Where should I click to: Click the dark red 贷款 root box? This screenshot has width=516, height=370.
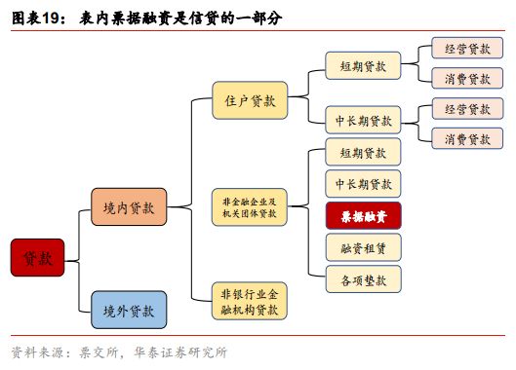pos(37,257)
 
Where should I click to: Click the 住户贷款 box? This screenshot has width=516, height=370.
pos(250,100)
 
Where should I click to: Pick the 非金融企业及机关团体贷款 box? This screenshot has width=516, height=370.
pos(250,205)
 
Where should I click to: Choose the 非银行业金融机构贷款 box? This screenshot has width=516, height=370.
pos(250,302)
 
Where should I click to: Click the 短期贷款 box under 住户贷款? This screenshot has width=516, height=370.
pos(363,67)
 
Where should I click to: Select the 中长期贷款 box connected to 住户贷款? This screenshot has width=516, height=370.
pos(363,121)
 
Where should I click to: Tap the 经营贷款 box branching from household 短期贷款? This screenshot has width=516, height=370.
pos(467,48)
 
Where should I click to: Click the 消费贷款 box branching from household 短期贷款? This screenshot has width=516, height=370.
pos(467,79)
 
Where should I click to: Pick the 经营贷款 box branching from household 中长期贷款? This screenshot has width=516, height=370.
pos(467,109)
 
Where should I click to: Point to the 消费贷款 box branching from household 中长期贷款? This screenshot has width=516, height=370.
pos(467,139)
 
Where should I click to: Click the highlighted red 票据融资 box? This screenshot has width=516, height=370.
pos(363,215)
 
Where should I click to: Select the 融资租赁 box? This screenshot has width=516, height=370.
pos(363,247)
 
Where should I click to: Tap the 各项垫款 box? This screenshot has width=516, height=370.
pos(363,279)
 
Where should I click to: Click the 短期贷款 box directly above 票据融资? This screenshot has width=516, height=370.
pos(363,153)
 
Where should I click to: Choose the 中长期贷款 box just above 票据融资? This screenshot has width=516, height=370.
pos(363,184)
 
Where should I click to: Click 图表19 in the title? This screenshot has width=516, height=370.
pos(36,18)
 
